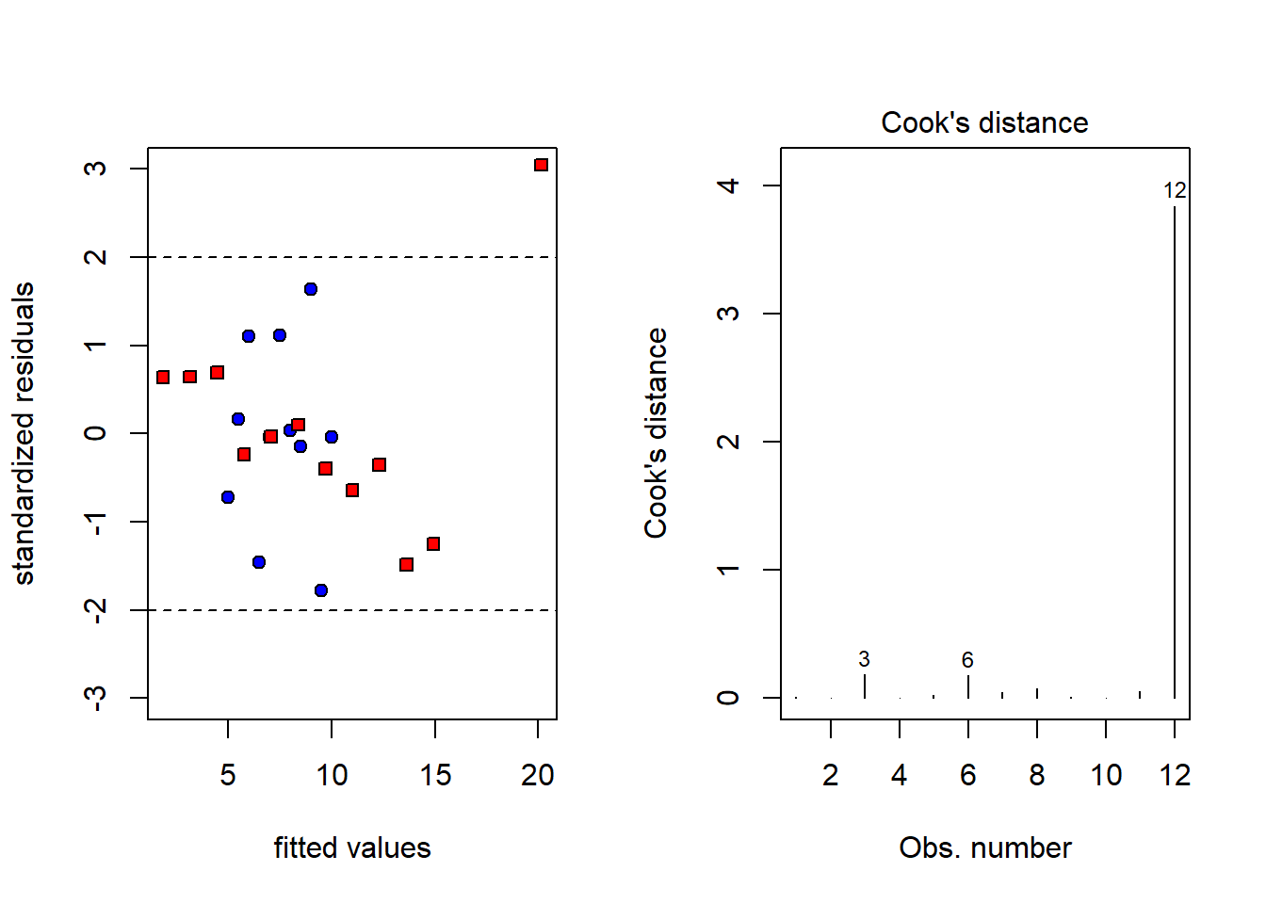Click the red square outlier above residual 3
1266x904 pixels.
pyautogui.click(x=541, y=165)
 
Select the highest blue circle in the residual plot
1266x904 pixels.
pyautogui.click(x=311, y=289)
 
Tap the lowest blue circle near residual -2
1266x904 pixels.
pyautogui.click(x=321, y=590)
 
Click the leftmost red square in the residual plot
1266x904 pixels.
pyautogui.click(x=163, y=377)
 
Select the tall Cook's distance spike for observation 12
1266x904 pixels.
pyautogui.click(x=1175, y=452)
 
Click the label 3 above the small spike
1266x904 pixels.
pyautogui.click(x=864, y=659)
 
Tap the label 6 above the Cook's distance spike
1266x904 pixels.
pyautogui.click(x=967, y=660)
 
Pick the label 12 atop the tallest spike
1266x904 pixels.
pyautogui.click(x=1175, y=190)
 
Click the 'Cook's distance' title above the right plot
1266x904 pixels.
pyautogui.click(x=984, y=122)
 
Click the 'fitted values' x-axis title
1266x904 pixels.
pyautogui.click(x=352, y=847)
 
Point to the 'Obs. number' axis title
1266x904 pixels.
pyautogui.click(x=985, y=847)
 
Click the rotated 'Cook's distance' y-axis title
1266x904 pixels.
pyautogui.click(x=656, y=433)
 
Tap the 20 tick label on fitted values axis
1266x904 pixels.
pyautogui.click(x=538, y=775)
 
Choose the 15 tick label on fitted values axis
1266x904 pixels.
pyautogui.click(x=435, y=775)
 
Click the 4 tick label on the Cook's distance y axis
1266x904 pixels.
pyautogui.click(x=728, y=186)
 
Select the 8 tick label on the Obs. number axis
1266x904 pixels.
pyautogui.click(x=1037, y=775)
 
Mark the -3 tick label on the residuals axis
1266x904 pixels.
pyautogui.click(x=94, y=698)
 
